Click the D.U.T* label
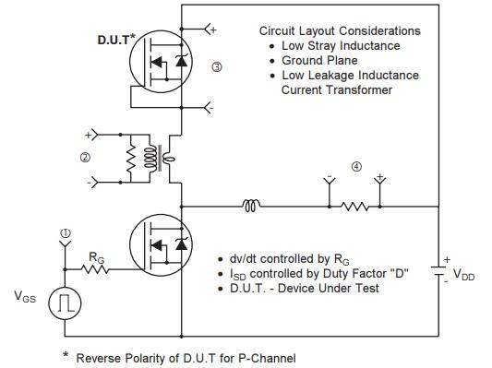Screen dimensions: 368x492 (x=118, y=41)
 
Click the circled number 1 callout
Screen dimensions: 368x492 (x=65, y=231)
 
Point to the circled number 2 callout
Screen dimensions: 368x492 (x=84, y=158)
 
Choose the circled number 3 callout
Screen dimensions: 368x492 (x=217, y=68)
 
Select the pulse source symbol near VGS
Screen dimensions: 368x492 (x=66, y=303)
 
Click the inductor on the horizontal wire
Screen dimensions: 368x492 (x=250, y=205)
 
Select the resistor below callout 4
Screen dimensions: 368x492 (x=355, y=205)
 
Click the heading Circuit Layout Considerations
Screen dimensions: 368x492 (x=339, y=30)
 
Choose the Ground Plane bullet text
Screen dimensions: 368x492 (x=318, y=60)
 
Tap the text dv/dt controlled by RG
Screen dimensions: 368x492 (x=285, y=259)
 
